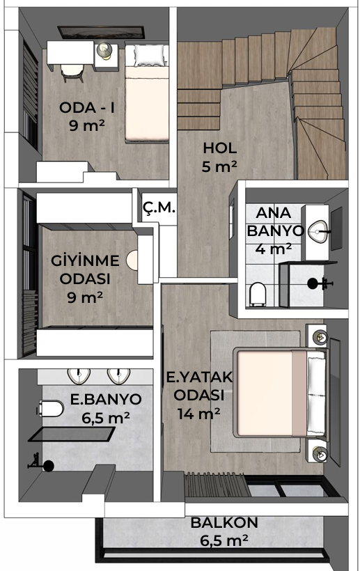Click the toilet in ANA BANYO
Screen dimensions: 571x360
257,293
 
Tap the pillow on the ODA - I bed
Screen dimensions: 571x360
148,54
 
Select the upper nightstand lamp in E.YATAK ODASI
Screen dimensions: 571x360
318,335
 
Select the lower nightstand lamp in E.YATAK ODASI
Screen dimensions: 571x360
320,451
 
